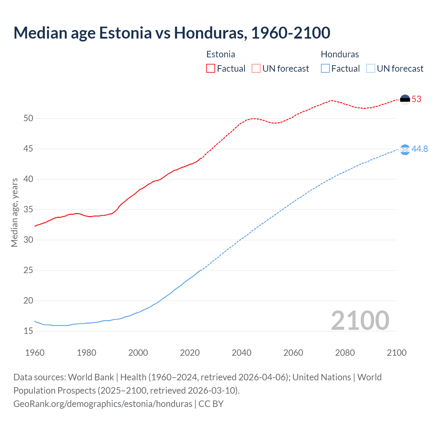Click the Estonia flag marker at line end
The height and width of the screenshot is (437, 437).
pyautogui.click(x=405, y=99)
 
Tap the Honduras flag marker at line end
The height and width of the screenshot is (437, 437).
pyautogui.click(x=405, y=150)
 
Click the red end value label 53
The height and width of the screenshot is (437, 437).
pyautogui.click(x=417, y=99)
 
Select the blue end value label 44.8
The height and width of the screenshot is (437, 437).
pyautogui.click(x=420, y=149)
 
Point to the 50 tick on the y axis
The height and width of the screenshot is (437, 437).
pyautogui.click(x=28, y=118)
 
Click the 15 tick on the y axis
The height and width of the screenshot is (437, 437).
pyautogui.click(x=28, y=331)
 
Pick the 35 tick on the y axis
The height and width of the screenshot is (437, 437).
pyautogui.click(x=28, y=210)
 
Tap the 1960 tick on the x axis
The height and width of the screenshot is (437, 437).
pyautogui.click(x=35, y=353)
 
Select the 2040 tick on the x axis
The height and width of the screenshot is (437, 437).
pyautogui.click(x=241, y=353)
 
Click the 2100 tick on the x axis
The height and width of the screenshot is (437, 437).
pyautogui.click(x=396, y=353)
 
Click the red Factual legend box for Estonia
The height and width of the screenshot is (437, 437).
pyautogui.click(x=211, y=69)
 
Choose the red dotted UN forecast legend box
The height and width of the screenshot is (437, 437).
pyautogui.click(x=256, y=69)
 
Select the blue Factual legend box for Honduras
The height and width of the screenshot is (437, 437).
pyautogui.click(x=325, y=69)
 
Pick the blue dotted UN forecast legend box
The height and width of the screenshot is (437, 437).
pyautogui.click(x=370, y=69)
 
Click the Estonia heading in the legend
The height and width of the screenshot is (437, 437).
pyautogui.click(x=221, y=55)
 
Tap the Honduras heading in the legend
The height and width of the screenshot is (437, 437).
pyautogui.click(x=340, y=55)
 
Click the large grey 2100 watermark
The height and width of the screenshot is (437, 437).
pyautogui.click(x=360, y=321)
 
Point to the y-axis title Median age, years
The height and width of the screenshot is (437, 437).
pyautogui.click(x=14, y=212)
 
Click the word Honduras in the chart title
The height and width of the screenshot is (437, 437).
pyautogui.click(x=210, y=33)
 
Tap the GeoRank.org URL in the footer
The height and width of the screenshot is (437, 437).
pyautogui.click(x=103, y=404)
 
